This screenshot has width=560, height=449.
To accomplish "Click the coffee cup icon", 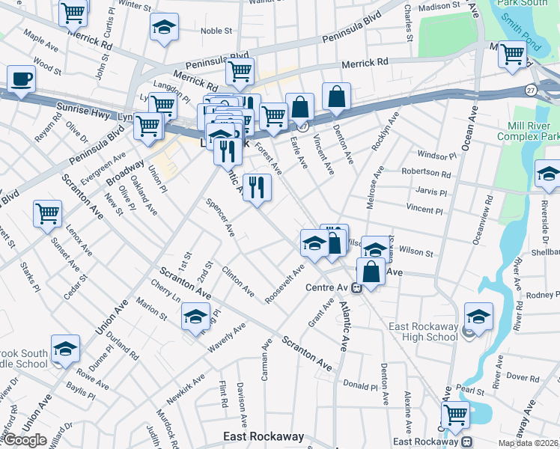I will coord(21,79).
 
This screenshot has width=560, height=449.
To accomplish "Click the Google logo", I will coord(25,440).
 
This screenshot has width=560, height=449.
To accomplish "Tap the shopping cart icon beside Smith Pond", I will coord(512,54).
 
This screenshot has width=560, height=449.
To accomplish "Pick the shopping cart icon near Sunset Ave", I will coord(47,213).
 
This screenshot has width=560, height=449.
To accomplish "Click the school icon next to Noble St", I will coord(163,28).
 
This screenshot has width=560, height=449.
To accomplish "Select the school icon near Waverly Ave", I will coord(195,316).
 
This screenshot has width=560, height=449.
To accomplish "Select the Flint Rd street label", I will coord(222,394).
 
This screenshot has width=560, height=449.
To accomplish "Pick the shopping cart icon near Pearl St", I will coord(455,414).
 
